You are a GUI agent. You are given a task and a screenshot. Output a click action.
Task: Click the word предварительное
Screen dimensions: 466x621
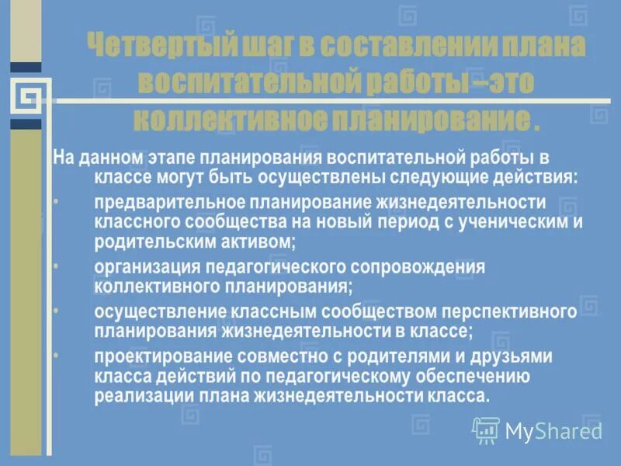[x=168, y=203]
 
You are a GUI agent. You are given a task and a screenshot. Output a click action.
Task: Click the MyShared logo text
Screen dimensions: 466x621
[x=553, y=430]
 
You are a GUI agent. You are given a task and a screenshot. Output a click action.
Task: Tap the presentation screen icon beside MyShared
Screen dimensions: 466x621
[x=486, y=429]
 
